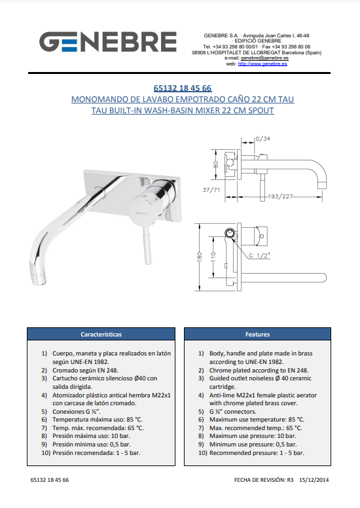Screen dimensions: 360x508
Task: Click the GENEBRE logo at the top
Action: click(x=108, y=42)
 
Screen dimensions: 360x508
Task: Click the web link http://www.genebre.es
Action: click(x=262, y=63)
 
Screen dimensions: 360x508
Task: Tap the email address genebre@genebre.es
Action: click(x=264, y=58)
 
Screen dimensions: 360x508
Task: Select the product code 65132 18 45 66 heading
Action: click(x=183, y=88)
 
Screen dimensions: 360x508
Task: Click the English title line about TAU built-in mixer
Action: click(x=183, y=110)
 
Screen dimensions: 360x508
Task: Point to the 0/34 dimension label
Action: click(x=262, y=139)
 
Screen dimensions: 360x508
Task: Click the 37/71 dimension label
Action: click(x=211, y=190)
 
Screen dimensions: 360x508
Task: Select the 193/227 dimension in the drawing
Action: click(x=280, y=196)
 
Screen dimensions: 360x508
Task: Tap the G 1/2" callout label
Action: click(x=259, y=255)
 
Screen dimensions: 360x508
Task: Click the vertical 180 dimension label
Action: click(x=200, y=256)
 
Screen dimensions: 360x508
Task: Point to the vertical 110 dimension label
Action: click(x=213, y=256)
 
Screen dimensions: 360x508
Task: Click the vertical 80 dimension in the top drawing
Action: click(x=216, y=164)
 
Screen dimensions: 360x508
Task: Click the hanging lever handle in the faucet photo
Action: click(x=147, y=246)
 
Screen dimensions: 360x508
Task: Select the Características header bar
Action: click(x=101, y=334)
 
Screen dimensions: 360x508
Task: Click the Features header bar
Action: click(x=258, y=334)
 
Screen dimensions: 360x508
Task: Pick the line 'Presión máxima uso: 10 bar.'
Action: click(x=91, y=436)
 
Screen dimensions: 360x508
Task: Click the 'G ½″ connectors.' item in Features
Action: click(x=232, y=412)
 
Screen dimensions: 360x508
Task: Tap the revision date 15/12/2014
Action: click(x=314, y=480)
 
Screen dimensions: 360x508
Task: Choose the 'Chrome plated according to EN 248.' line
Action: click(x=259, y=371)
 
